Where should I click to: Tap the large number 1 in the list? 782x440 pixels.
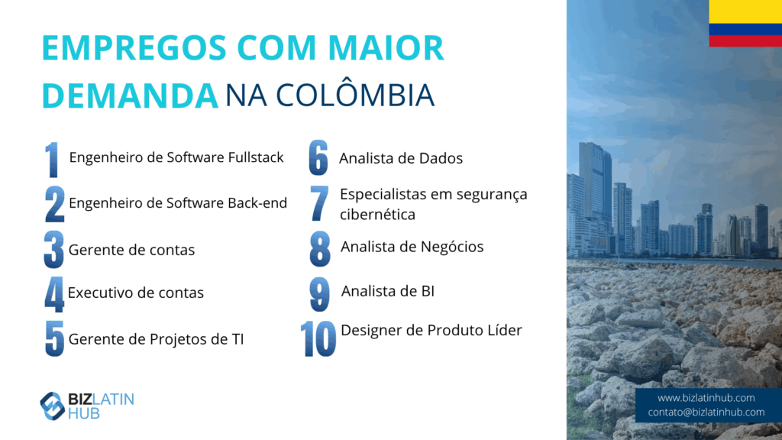click(x=52, y=160)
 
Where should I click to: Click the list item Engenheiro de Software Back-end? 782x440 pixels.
click(x=178, y=203)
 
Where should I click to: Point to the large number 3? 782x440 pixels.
click(x=54, y=250)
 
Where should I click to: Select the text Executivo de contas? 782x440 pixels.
click(x=136, y=293)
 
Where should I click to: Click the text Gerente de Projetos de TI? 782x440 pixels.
click(x=156, y=339)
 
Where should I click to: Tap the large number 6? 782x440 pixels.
click(x=318, y=157)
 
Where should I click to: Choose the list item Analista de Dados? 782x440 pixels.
click(x=401, y=158)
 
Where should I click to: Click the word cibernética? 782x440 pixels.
click(x=377, y=215)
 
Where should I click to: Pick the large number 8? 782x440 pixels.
click(x=320, y=248)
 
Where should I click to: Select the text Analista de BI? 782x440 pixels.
click(x=387, y=291)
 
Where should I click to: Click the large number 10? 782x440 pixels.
click(x=318, y=339)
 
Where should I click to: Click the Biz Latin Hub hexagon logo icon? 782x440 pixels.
click(x=53, y=406)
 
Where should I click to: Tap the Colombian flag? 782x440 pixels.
click(x=745, y=24)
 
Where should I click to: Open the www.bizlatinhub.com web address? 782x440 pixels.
click(x=706, y=397)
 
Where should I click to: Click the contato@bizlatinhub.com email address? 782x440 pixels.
click(x=706, y=412)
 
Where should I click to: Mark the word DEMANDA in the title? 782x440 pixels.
click(x=130, y=95)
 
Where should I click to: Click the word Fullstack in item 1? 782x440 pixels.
click(x=256, y=157)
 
